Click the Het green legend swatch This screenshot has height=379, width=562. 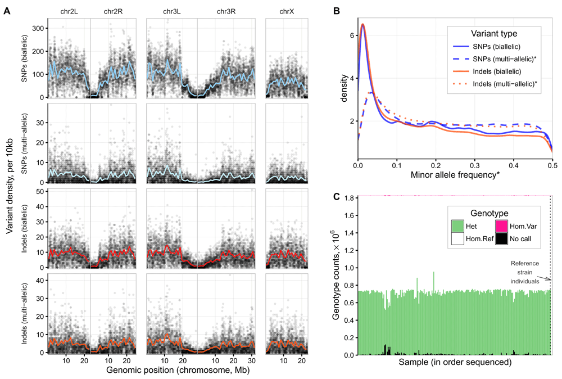pyautogui.click(x=459, y=225)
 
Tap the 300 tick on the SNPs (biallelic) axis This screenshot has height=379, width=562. pyautogui.click(x=38, y=28)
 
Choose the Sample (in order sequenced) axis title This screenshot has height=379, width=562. pyautogui.click(x=455, y=363)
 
